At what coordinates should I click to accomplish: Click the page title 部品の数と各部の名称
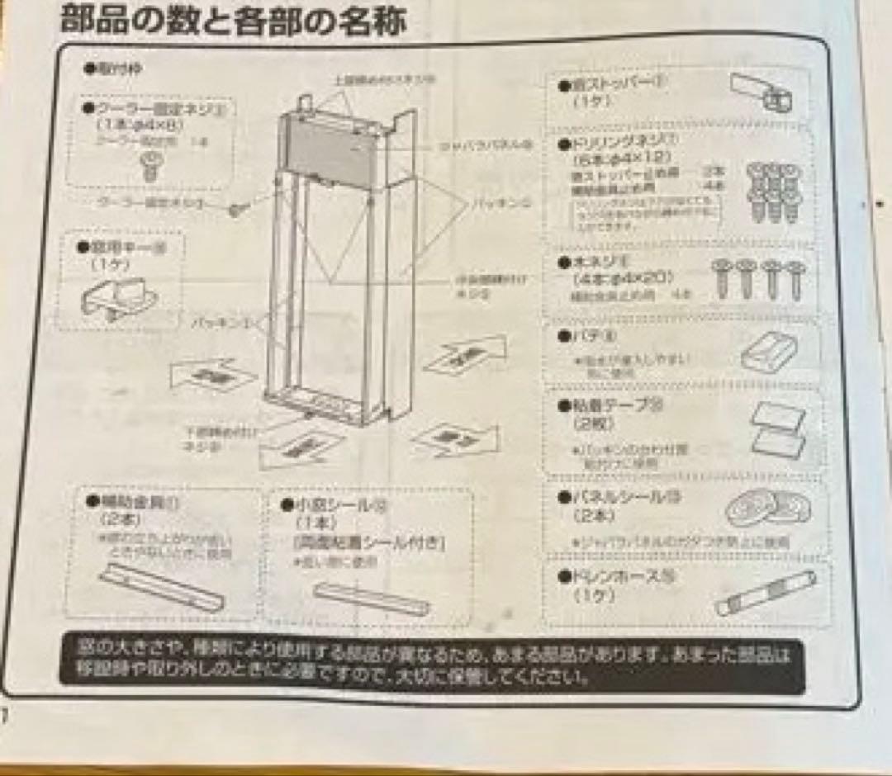pos(234,21)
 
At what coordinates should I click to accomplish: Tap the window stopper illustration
pos(762,93)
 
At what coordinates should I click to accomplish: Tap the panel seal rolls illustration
pos(768,508)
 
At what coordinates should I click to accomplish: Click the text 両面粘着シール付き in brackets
pos(368,542)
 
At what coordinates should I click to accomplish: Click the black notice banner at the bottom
pos(431,665)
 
